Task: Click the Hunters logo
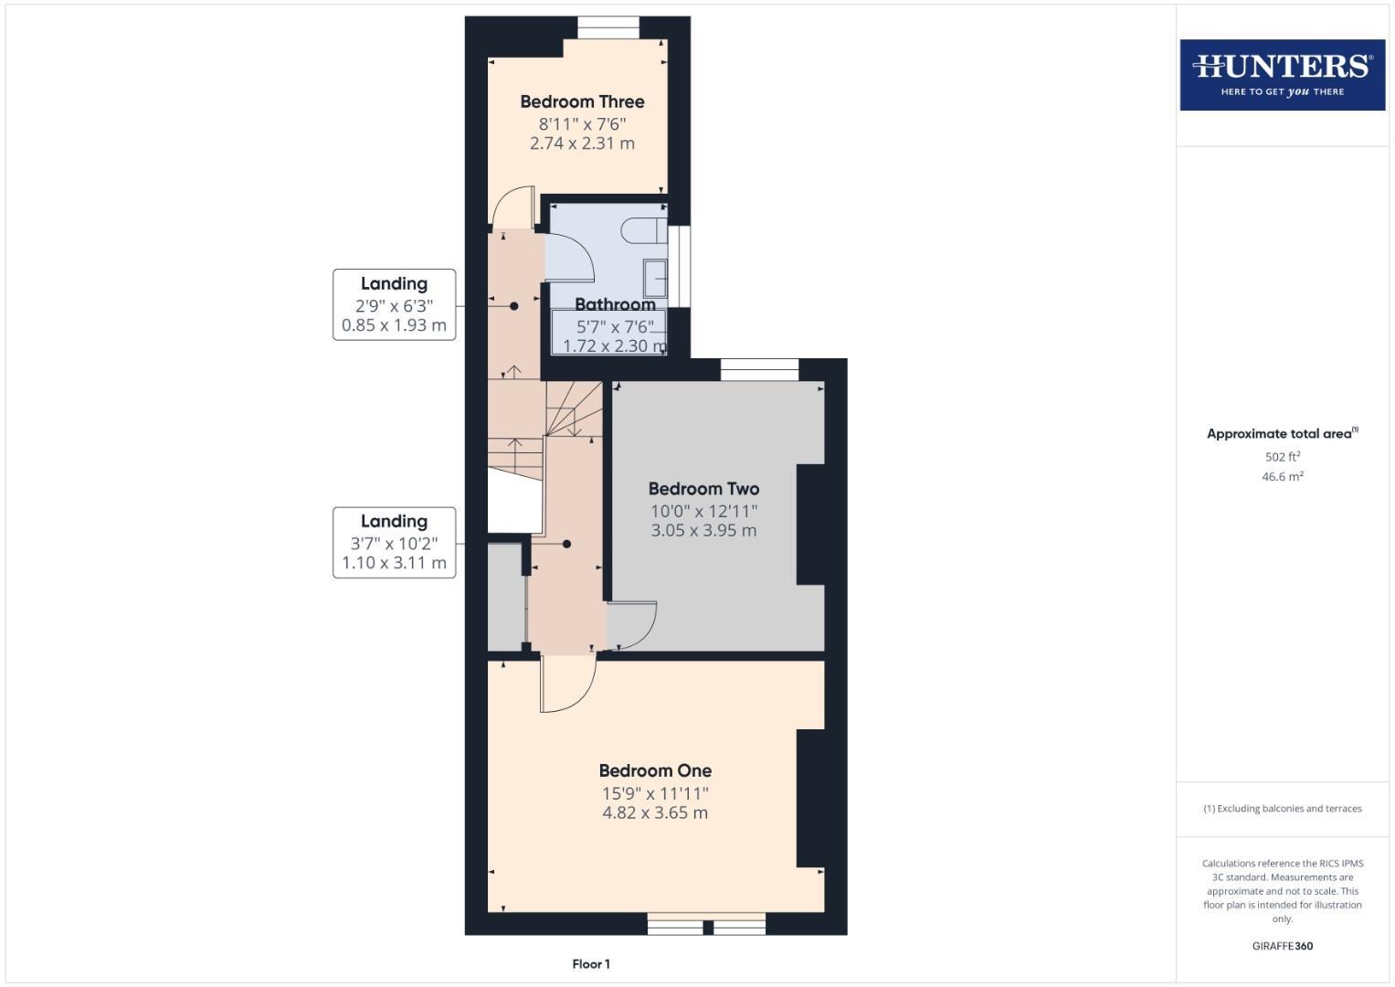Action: (x=1282, y=74)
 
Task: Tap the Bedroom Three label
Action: (x=582, y=101)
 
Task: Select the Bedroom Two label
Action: (x=703, y=489)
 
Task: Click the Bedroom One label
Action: (x=655, y=770)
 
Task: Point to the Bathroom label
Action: (x=615, y=304)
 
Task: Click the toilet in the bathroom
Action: (x=643, y=230)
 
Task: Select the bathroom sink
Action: (x=655, y=278)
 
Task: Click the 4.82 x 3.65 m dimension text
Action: (x=655, y=812)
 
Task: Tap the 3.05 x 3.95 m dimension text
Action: (x=703, y=530)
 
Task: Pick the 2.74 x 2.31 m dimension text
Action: (x=582, y=143)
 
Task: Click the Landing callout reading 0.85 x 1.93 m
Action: (x=394, y=305)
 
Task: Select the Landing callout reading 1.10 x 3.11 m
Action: (x=394, y=543)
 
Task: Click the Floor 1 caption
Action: (x=591, y=963)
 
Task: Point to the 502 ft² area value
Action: (x=1282, y=456)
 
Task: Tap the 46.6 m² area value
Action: (x=1282, y=476)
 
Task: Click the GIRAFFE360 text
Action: (x=1282, y=946)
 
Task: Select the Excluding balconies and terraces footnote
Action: (x=1282, y=808)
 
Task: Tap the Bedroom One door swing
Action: (x=567, y=684)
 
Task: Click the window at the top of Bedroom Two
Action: (x=759, y=369)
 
